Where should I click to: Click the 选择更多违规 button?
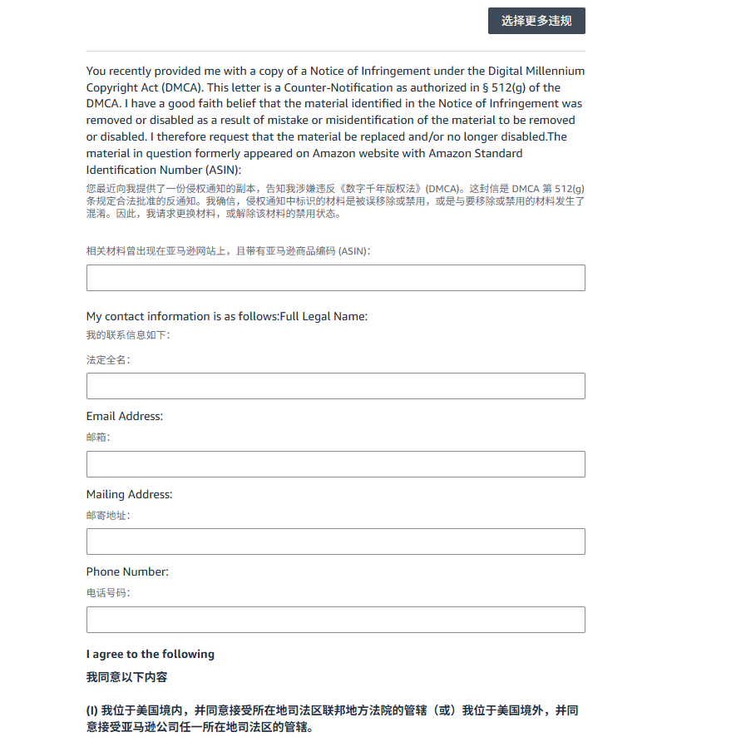(x=536, y=21)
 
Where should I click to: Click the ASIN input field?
(x=335, y=278)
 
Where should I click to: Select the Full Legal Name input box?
(x=335, y=386)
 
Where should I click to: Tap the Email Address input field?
(x=335, y=464)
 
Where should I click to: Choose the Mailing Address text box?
(x=335, y=542)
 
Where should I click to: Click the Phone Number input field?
(x=335, y=620)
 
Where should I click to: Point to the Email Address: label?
(x=125, y=416)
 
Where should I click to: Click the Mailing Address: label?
(x=129, y=494)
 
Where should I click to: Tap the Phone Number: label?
(x=127, y=571)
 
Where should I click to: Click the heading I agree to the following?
(x=151, y=654)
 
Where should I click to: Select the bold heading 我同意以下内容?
(x=127, y=677)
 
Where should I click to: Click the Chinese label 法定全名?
(x=108, y=360)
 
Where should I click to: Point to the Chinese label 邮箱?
(x=98, y=438)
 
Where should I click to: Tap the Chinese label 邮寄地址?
(x=108, y=516)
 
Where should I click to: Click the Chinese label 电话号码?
(x=108, y=593)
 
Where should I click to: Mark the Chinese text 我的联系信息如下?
(x=128, y=335)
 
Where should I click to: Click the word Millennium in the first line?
(x=553, y=72)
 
